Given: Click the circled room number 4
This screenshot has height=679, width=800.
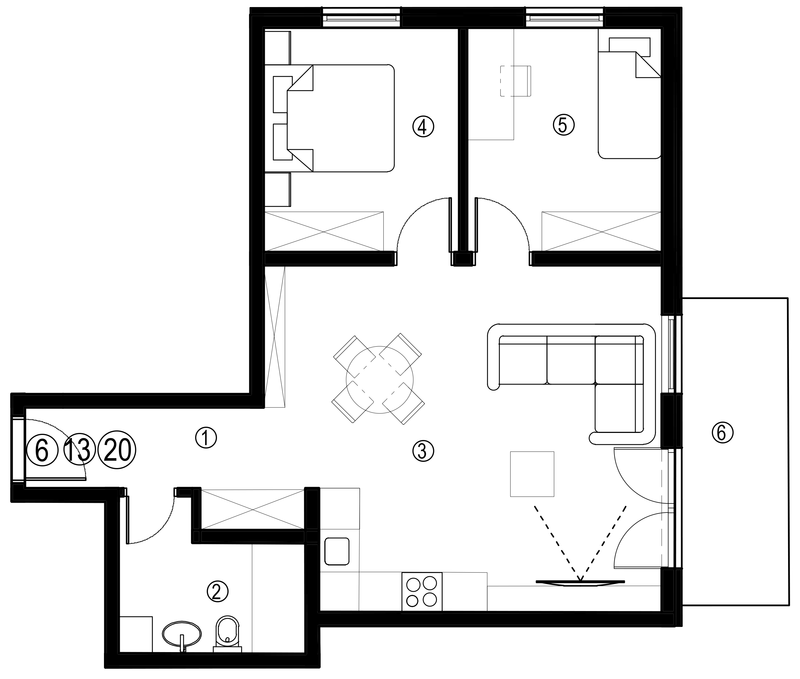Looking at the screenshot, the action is [x=423, y=126].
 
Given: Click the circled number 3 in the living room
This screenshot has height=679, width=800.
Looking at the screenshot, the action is [x=423, y=451].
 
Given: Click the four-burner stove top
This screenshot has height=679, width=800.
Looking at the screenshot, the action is [x=422, y=591].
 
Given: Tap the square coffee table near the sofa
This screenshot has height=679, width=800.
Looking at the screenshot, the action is [x=532, y=474].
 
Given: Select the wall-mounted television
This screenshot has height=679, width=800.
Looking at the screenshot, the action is [x=580, y=582].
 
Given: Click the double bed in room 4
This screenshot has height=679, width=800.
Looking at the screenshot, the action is [x=341, y=118].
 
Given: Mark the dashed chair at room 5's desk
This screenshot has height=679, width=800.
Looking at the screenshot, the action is [x=515, y=81].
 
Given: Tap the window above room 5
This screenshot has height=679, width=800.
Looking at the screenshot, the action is [x=564, y=18].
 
